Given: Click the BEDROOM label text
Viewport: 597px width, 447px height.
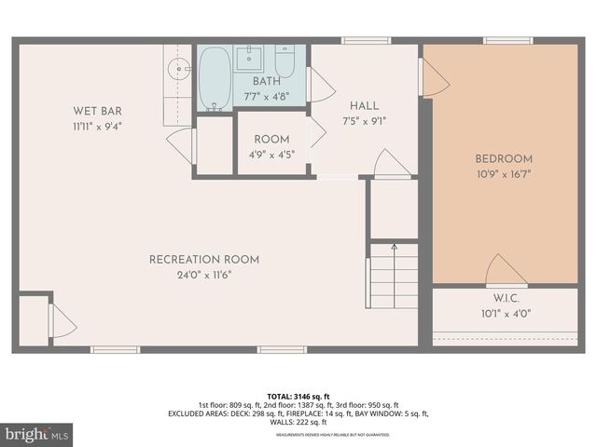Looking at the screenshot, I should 504,158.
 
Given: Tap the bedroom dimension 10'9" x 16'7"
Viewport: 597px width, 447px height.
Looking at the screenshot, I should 504,173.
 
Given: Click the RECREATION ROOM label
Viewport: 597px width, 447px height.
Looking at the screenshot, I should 204,260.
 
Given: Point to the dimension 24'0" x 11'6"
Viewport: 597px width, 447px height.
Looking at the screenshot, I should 204,275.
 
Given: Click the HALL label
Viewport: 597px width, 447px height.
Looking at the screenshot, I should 364,105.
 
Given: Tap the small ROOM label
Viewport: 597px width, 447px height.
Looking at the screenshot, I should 271,140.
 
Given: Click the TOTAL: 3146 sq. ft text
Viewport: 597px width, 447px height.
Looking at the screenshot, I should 298,396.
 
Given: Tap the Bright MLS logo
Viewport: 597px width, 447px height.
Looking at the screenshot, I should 37,435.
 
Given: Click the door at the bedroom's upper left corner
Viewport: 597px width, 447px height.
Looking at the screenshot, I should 436,76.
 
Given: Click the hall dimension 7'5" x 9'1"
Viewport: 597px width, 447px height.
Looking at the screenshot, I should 364,120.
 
